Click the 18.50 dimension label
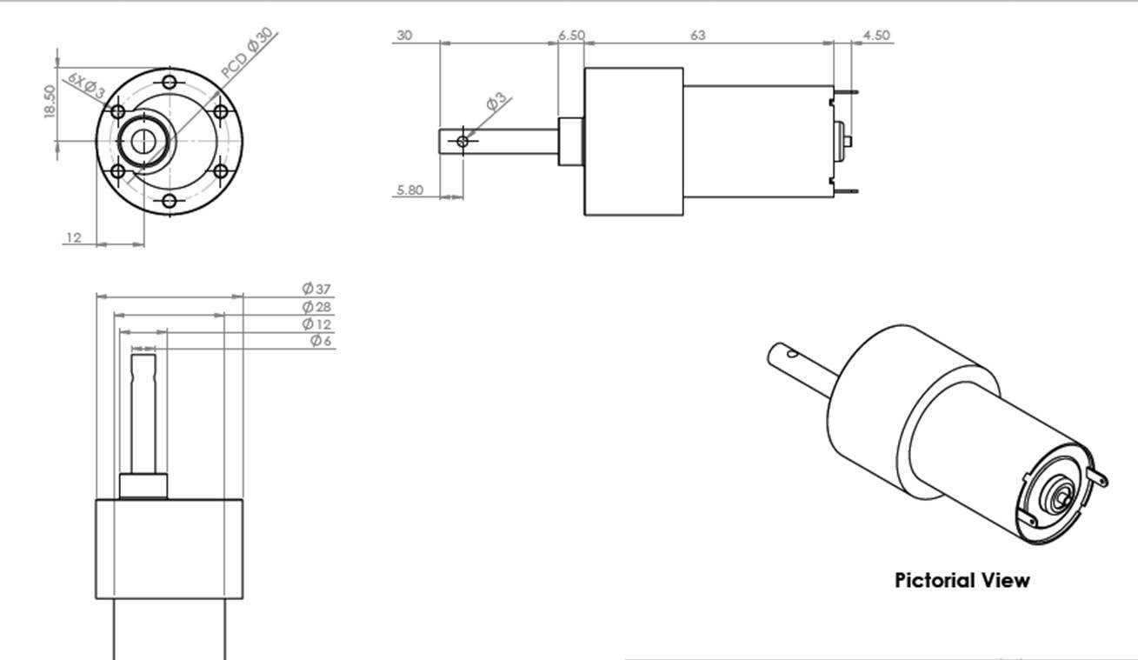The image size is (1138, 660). point(50,102)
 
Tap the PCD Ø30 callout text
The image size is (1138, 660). point(249,53)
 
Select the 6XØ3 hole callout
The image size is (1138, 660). point(86,85)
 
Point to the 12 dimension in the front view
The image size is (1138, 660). point(74,237)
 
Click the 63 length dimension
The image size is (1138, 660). point(698,35)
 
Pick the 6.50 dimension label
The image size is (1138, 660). point(571,36)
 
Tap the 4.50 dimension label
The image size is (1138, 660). point(877,35)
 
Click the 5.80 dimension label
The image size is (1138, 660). point(409,190)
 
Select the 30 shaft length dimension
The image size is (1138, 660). point(404,35)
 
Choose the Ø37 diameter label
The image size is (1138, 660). point(316,289)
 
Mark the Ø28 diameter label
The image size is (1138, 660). point(316,306)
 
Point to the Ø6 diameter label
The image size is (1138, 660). point(321,340)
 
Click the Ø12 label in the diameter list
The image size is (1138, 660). point(316,323)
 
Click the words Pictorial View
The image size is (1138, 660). point(962,580)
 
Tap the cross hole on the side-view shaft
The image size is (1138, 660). point(463,141)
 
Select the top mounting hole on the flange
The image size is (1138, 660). point(170,82)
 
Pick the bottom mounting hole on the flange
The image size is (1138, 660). point(170,201)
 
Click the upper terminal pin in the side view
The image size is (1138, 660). point(846,92)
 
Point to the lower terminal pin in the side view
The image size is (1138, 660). point(846,191)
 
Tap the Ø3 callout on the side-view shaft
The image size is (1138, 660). point(497,101)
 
